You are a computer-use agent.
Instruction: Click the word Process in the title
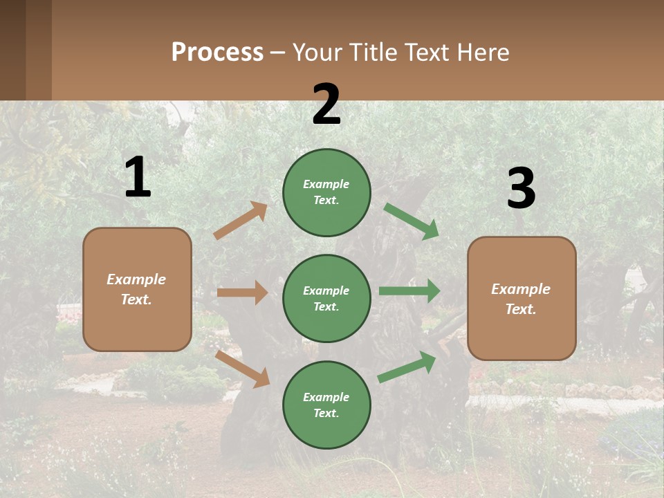[x=217, y=52]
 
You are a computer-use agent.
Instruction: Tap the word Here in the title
[x=481, y=52]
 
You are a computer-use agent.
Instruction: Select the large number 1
[x=138, y=178]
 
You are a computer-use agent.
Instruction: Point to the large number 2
[x=326, y=104]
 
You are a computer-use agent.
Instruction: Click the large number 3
[x=521, y=189]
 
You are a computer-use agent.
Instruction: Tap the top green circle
[x=326, y=192]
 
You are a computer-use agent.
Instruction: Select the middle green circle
[x=326, y=298]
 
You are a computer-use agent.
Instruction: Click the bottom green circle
[x=326, y=405]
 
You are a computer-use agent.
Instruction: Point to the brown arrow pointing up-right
[x=241, y=221]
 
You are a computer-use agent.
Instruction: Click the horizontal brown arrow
[x=242, y=293]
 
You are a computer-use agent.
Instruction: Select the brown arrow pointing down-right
[x=243, y=369]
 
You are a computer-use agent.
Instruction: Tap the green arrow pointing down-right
[x=412, y=221]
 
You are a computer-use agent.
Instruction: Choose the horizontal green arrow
[x=409, y=291]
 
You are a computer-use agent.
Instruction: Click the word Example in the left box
[x=136, y=279]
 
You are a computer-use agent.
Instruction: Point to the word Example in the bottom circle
[x=326, y=397]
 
